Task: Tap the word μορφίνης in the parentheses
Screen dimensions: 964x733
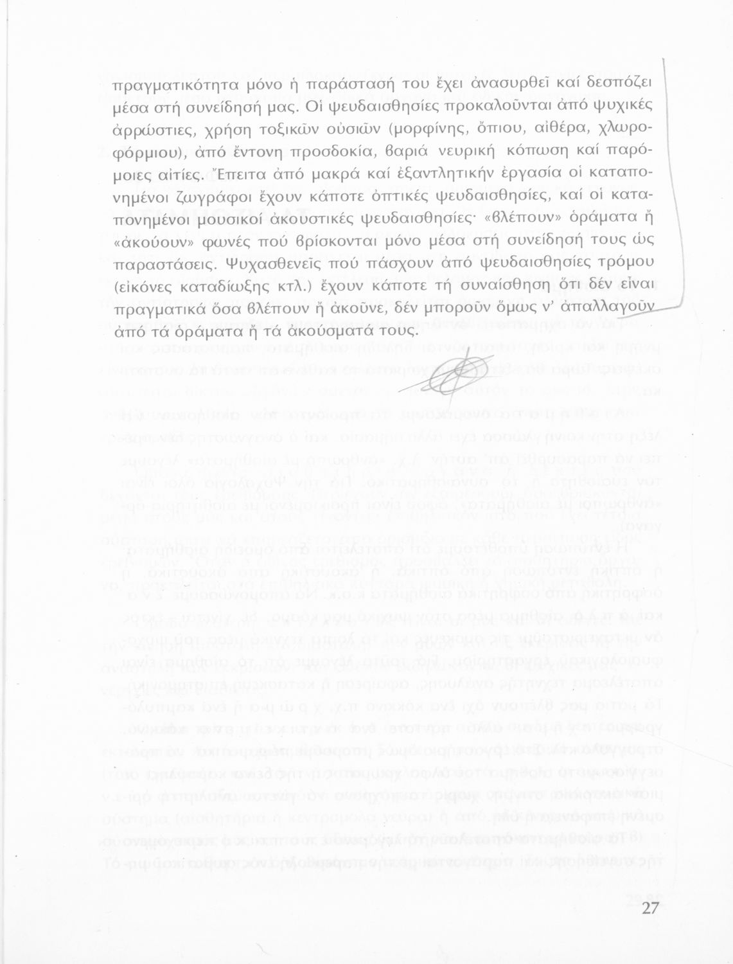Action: (436, 128)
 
